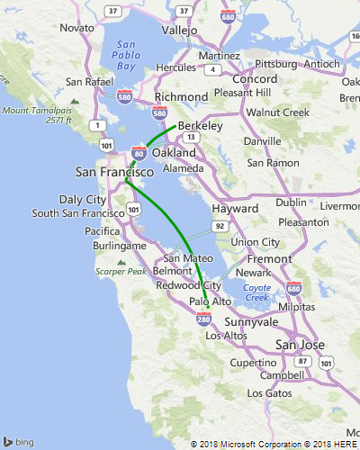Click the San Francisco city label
[113, 171]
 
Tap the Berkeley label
[200, 127]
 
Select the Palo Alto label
[210, 301]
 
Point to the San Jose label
[298, 345]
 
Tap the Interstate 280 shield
[205, 318]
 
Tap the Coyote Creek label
[257, 292]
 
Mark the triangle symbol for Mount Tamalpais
[74, 101]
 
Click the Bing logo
[20, 442]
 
